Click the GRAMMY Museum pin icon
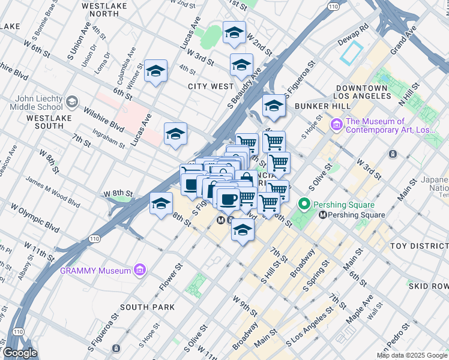point(140,270)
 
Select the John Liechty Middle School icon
point(73,103)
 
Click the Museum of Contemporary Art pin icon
point(337,125)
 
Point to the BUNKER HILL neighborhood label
point(322,106)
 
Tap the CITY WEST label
point(210,86)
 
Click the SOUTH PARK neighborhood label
point(147,307)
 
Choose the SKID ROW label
point(427,286)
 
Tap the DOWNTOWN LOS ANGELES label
point(363,92)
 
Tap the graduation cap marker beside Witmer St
point(155,73)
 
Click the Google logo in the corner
point(20,353)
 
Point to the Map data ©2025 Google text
point(412,355)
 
